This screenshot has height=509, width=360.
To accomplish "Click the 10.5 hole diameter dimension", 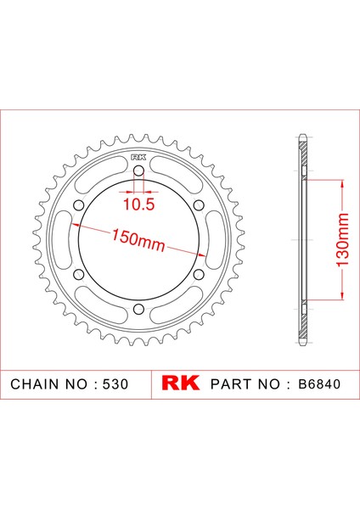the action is pyautogui.click(x=138, y=204).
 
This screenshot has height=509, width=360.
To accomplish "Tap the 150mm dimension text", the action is pyautogui.click(x=138, y=241).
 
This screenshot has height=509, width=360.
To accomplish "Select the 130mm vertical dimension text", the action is pyautogui.click(x=342, y=240).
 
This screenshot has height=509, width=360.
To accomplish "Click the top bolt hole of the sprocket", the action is pyautogui.click(x=138, y=171).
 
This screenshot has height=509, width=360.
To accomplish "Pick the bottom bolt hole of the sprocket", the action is pyautogui.click(x=138, y=309).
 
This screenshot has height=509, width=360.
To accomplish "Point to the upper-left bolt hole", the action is pyautogui.click(x=79, y=204).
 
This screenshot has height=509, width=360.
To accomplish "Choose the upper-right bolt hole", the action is pyautogui.click(x=199, y=204).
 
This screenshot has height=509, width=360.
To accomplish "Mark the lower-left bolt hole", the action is pyautogui.click(x=79, y=274).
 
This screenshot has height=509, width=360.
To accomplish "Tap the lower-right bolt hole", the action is pyautogui.click(x=199, y=274).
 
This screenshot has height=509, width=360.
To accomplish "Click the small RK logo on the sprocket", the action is pyautogui.click(x=138, y=158).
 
